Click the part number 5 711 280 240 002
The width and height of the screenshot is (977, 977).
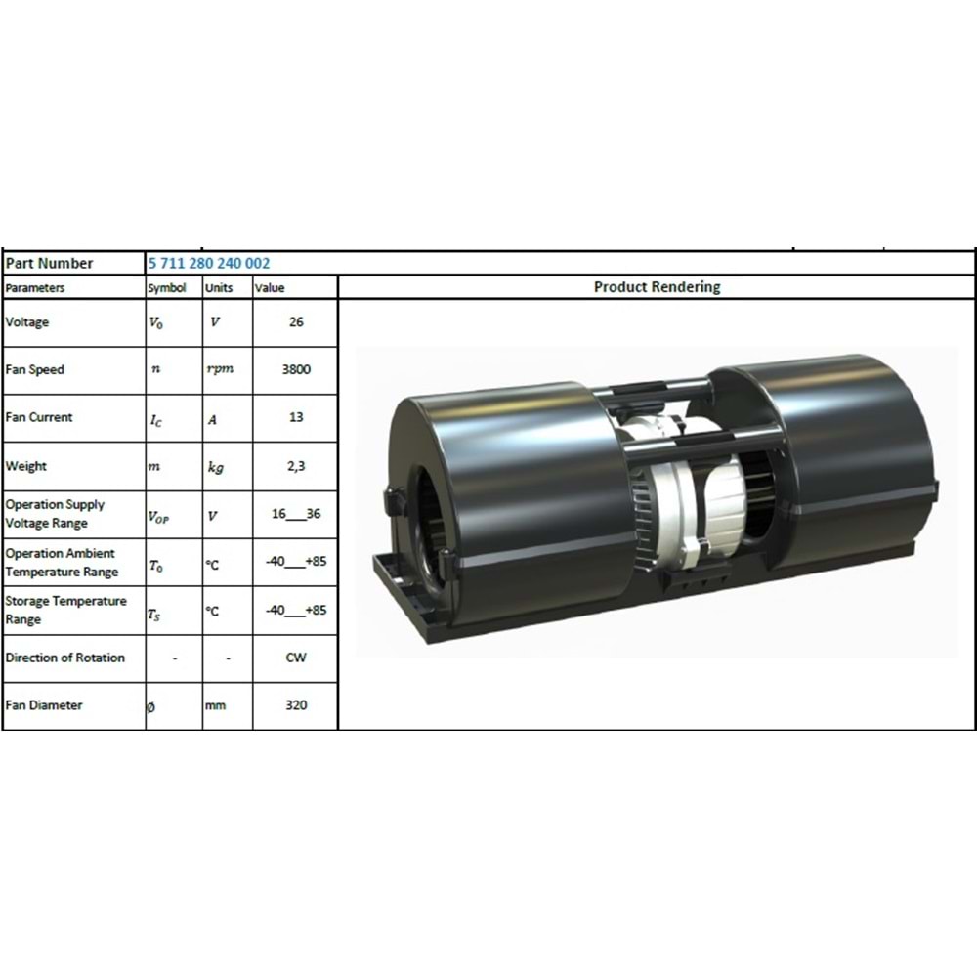(x=209, y=263)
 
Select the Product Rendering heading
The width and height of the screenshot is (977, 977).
(x=657, y=287)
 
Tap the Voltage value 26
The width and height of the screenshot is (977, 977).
(x=296, y=322)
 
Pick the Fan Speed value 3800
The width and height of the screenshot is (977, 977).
(x=296, y=370)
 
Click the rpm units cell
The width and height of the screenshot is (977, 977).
(x=220, y=370)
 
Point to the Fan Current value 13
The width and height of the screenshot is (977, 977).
(x=296, y=417)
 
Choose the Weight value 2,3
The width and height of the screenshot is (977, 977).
(x=296, y=466)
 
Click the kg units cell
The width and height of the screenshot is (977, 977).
(x=217, y=467)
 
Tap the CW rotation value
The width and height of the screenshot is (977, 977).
(x=296, y=658)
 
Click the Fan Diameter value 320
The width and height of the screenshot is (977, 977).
(x=296, y=704)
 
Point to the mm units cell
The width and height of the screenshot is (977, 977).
(x=216, y=705)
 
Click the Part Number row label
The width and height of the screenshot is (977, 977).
(x=50, y=263)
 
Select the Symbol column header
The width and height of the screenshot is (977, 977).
(x=167, y=288)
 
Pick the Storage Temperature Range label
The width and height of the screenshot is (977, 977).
(x=65, y=610)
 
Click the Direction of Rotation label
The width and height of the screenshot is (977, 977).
(x=65, y=658)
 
